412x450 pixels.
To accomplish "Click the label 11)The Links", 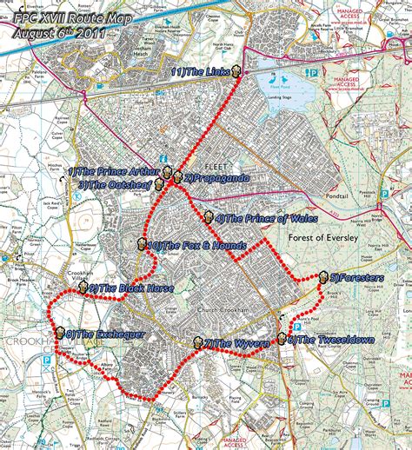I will tap(201, 73).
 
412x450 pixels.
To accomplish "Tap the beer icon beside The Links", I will tap(236, 73).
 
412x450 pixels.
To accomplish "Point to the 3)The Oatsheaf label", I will tap(116, 184).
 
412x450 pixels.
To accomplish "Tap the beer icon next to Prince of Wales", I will tap(209, 217).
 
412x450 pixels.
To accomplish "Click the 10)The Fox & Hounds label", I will tap(189, 246).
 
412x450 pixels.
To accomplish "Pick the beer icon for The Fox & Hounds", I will tap(142, 245).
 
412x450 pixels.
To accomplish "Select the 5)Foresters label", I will tap(357, 278).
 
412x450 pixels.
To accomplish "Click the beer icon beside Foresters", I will tap(323, 277).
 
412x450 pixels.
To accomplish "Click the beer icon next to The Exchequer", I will tap(59, 333).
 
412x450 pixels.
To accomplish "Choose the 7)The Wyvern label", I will tap(237, 344).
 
